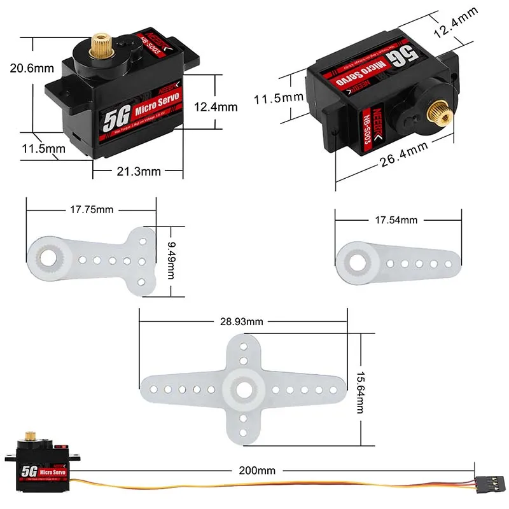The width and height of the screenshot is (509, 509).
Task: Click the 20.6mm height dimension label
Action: tap(29, 68)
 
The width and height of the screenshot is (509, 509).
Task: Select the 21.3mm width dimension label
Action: tap(139, 171)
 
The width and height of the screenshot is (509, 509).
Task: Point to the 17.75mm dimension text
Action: tap(90, 209)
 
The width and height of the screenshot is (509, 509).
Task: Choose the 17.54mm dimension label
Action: tap(396, 220)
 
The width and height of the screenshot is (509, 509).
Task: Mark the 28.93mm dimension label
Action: tap(242, 321)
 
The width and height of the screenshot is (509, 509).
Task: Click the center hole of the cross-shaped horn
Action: tap(243, 389)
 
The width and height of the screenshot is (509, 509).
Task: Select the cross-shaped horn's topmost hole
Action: tap(243, 347)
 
